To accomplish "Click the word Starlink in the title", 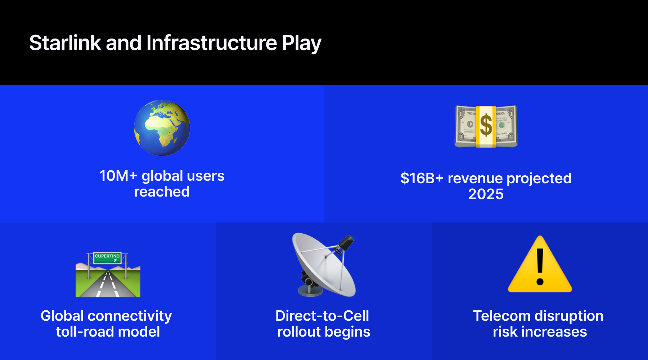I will click(65, 43).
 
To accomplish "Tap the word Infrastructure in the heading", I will click(211, 43).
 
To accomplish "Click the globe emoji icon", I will click(162, 128).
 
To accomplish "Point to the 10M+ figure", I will click(118, 176).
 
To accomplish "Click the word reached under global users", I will click(162, 192).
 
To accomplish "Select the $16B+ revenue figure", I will click(422, 179).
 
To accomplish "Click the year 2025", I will click(486, 194).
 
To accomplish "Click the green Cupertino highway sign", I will click(107, 257).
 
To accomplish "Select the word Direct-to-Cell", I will click(322, 316).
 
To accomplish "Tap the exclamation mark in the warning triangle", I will click(540, 266).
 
